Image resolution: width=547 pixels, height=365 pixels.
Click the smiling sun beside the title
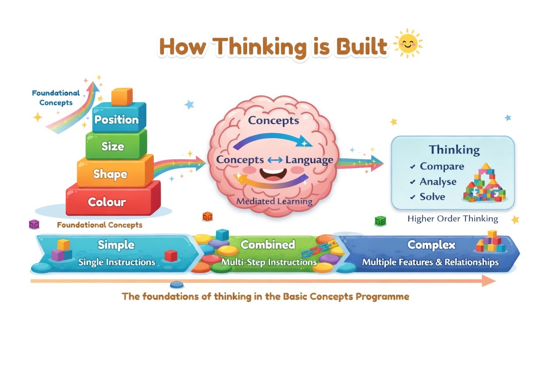408,44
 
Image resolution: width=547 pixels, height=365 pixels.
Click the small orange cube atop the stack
121,97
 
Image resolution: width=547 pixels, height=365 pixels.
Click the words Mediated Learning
274,202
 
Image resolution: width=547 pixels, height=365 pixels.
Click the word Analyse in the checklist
438,182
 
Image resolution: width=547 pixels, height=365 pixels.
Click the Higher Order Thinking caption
453,218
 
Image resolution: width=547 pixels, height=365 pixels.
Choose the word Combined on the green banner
267,244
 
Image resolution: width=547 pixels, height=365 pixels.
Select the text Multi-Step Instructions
269,262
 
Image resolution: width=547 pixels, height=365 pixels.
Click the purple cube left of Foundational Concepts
34,225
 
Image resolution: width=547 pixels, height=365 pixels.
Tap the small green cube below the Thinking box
380,221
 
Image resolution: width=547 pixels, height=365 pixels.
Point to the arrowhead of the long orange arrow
489,281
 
